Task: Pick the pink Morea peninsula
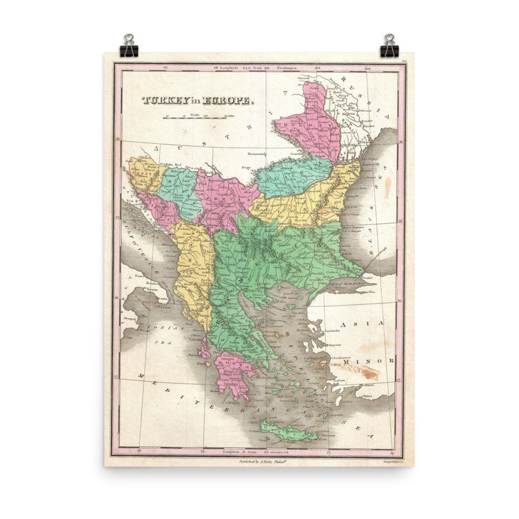(x=234, y=377)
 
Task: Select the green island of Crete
(x=288, y=431)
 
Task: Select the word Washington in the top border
(x=285, y=68)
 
